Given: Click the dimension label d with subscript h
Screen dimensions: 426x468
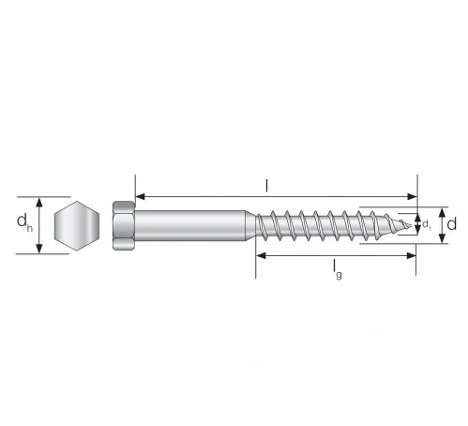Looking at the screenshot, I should click(x=24, y=224).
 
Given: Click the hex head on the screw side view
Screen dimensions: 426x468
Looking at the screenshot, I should click(x=123, y=225).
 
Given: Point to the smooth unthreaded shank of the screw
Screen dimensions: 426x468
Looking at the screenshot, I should click(x=192, y=225).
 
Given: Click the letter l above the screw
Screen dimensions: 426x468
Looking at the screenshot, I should click(x=265, y=186).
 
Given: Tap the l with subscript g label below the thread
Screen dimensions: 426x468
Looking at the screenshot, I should click(x=336, y=270).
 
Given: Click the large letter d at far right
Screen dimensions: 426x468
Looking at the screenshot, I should click(x=451, y=224).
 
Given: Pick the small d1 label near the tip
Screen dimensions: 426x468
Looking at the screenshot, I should click(x=427, y=225).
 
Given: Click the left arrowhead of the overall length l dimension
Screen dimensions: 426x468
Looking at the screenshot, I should click(x=141, y=197).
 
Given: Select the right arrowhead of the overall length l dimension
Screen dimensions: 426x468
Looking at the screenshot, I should click(x=413, y=197).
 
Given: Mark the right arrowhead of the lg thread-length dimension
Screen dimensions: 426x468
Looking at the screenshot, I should click(x=413, y=254).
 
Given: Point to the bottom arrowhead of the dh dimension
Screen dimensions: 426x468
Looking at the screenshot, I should click(x=39, y=249).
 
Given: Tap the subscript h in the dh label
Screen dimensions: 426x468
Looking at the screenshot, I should click(x=29, y=229).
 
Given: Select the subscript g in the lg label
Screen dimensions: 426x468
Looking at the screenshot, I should click(x=340, y=274).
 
